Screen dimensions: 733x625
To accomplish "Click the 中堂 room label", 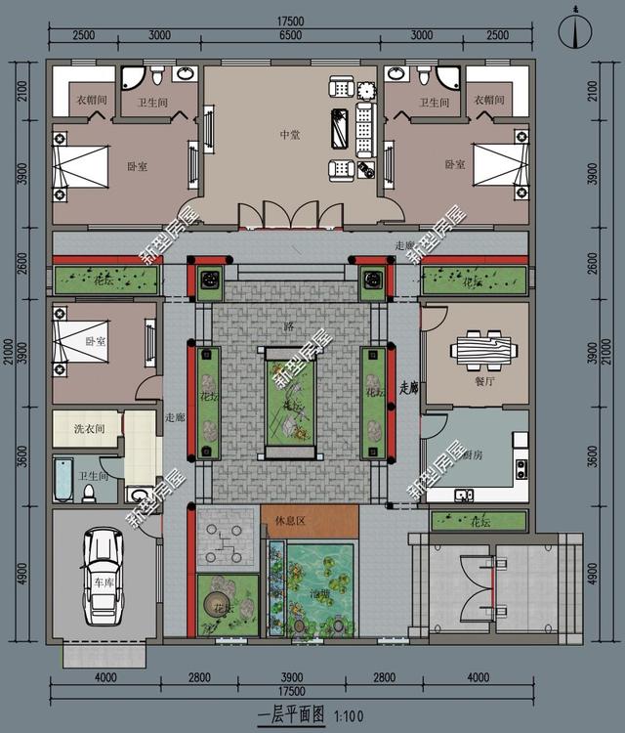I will click(x=289, y=134).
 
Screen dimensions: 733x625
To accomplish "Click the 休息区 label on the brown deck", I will click(x=291, y=520).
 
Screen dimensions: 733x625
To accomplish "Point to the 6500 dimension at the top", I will click(x=289, y=35).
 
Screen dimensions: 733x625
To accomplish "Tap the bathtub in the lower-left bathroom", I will click(x=63, y=480).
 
